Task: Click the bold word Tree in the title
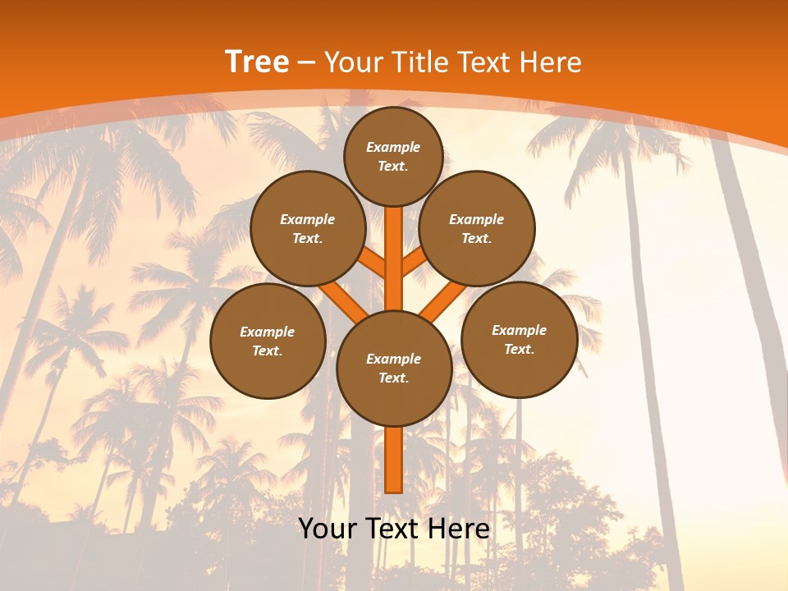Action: pyautogui.click(x=257, y=62)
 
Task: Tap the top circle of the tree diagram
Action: pyautogui.click(x=393, y=156)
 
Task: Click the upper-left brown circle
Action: pyautogui.click(x=308, y=228)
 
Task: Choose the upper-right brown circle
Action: pyautogui.click(x=477, y=228)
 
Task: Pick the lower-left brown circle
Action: pyautogui.click(x=268, y=341)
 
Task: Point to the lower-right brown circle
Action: pyautogui.click(x=519, y=339)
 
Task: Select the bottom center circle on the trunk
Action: pyautogui.click(x=394, y=368)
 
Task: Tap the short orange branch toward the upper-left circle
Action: pyautogui.click(x=371, y=263)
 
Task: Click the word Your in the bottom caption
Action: pyautogui.click(x=328, y=529)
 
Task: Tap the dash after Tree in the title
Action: pyautogui.click(x=306, y=62)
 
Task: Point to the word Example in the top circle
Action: pyautogui.click(x=393, y=147)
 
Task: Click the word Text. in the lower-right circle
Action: pyautogui.click(x=519, y=349)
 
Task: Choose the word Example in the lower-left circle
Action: pyautogui.click(x=268, y=332)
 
